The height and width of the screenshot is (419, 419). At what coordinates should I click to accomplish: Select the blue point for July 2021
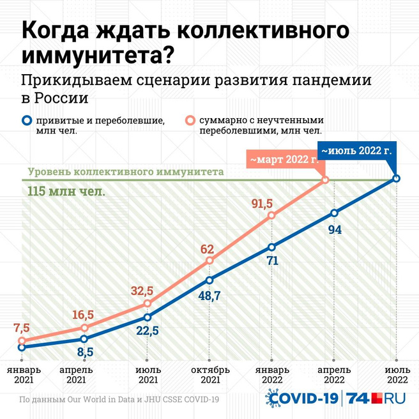click(x=148, y=317)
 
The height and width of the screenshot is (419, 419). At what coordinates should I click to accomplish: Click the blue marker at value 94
click(x=333, y=213)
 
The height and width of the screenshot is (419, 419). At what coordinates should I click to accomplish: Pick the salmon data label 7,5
click(x=21, y=328)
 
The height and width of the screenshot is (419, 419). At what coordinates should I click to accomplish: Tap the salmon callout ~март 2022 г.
click(x=283, y=159)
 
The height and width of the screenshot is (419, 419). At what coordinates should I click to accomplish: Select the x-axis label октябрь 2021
click(x=209, y=374)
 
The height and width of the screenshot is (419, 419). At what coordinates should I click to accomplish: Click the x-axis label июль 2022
click(x=396, y=374)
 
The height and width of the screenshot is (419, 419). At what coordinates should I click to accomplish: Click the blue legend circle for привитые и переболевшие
click(x=26, y=121)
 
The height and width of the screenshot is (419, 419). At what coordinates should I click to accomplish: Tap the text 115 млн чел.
click(x=66, y=191)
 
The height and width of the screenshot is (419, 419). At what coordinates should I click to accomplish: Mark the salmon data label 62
click(x=207, y=248)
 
